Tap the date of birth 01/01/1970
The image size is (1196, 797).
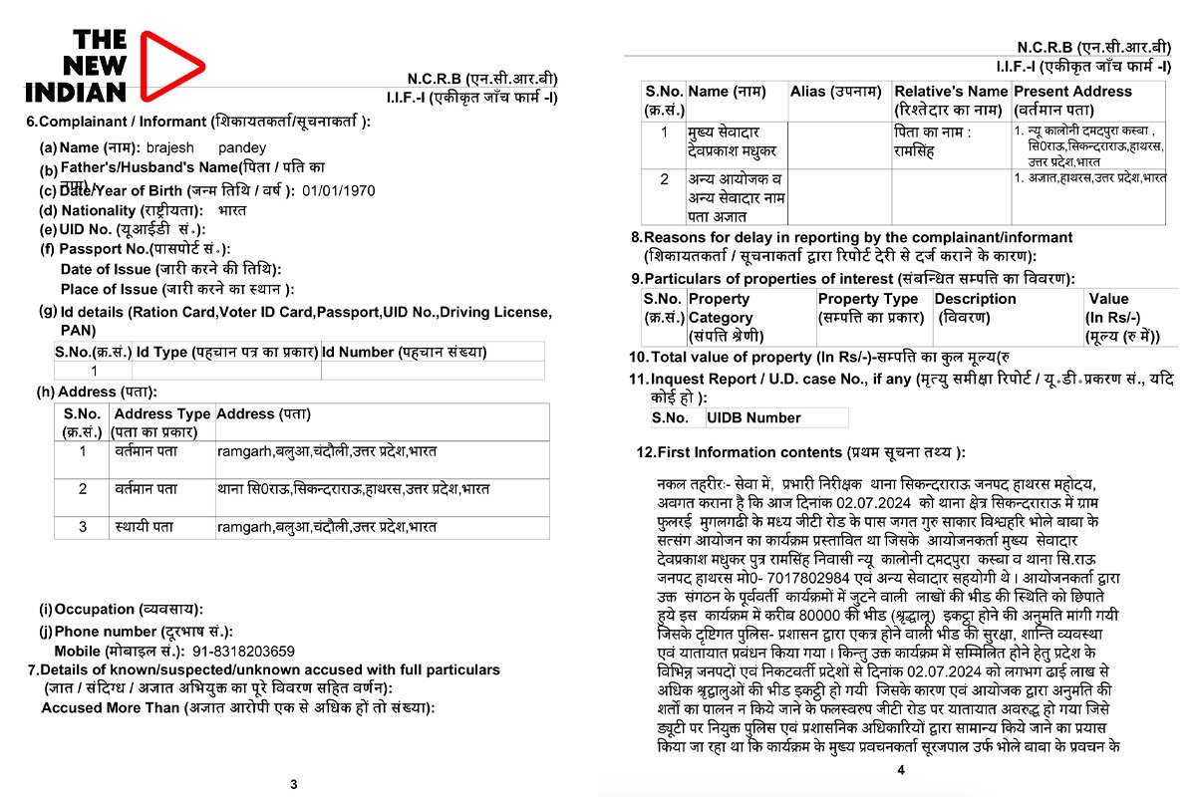339,190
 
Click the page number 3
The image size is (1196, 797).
293,784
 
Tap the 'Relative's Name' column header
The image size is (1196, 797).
951,92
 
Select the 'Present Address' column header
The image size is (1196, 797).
1072,92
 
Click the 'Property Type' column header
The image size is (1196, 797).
868,299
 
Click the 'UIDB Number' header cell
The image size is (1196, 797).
752,417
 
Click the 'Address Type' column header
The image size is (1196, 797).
161,413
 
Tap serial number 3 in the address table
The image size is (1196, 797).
83,526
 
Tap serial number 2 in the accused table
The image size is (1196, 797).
665,179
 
